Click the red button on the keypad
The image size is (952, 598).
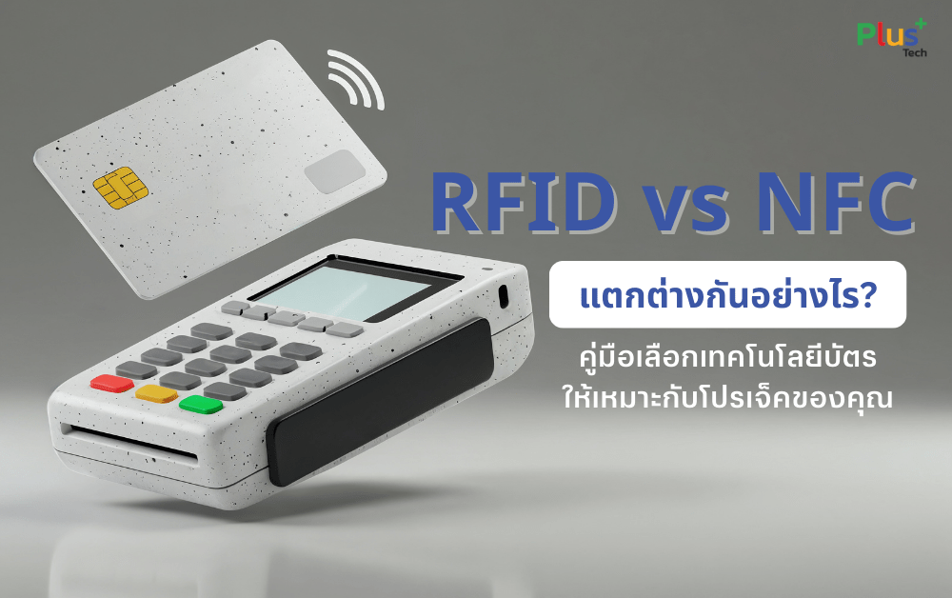pos(111,384)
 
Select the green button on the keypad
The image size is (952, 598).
pos(200,404)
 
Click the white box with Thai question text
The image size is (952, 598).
pos(727,294)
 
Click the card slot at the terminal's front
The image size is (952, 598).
pos(129,444)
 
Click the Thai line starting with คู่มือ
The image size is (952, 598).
pos(727,362)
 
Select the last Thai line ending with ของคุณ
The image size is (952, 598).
pos(727,398)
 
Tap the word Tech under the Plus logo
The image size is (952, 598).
pos(914,53)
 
